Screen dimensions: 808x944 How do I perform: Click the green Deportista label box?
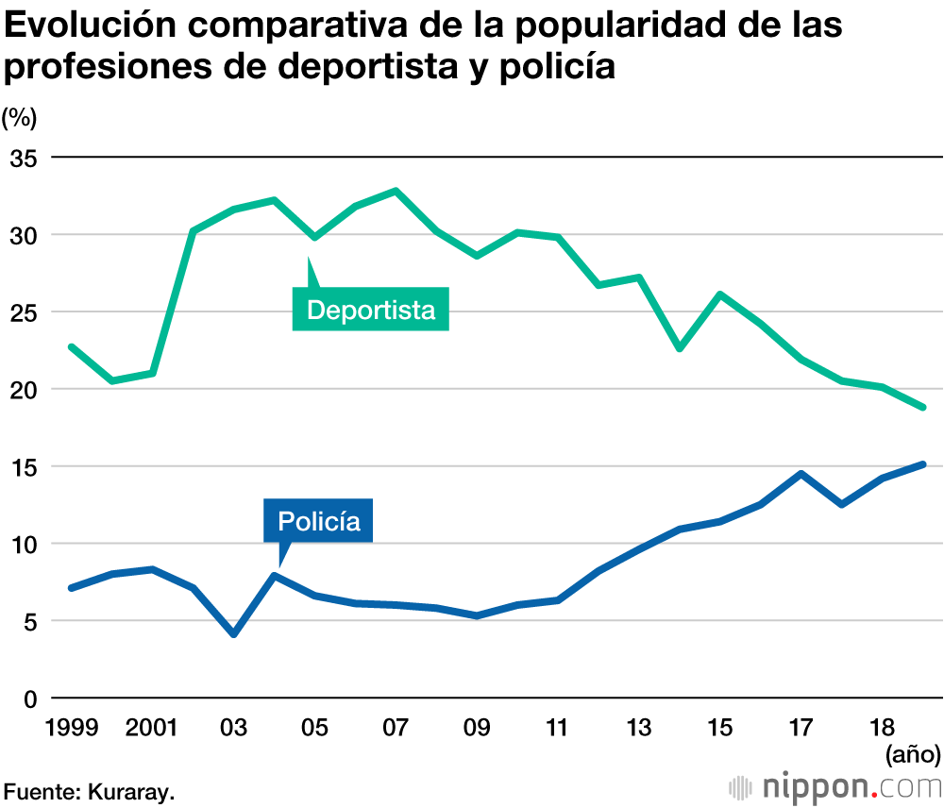[371, 310]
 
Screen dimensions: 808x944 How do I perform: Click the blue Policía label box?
[319, 520]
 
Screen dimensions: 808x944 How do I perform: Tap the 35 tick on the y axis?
[23, 158]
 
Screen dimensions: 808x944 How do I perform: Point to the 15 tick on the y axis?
[23, 466]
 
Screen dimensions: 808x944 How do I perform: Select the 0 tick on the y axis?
[29, 699]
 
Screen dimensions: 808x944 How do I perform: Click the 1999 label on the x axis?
[72, 728]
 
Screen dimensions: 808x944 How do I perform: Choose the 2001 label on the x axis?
[153, 728]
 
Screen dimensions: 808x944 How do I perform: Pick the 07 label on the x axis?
[396, 728]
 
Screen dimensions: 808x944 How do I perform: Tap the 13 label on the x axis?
[639, 728]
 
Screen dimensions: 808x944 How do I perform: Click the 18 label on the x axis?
[882, 728]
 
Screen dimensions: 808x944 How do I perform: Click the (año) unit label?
[912, 754]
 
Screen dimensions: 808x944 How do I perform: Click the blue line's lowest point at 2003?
[234, 634]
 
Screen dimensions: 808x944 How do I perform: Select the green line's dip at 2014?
[680, 348]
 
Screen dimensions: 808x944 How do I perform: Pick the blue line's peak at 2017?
[801, 474]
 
